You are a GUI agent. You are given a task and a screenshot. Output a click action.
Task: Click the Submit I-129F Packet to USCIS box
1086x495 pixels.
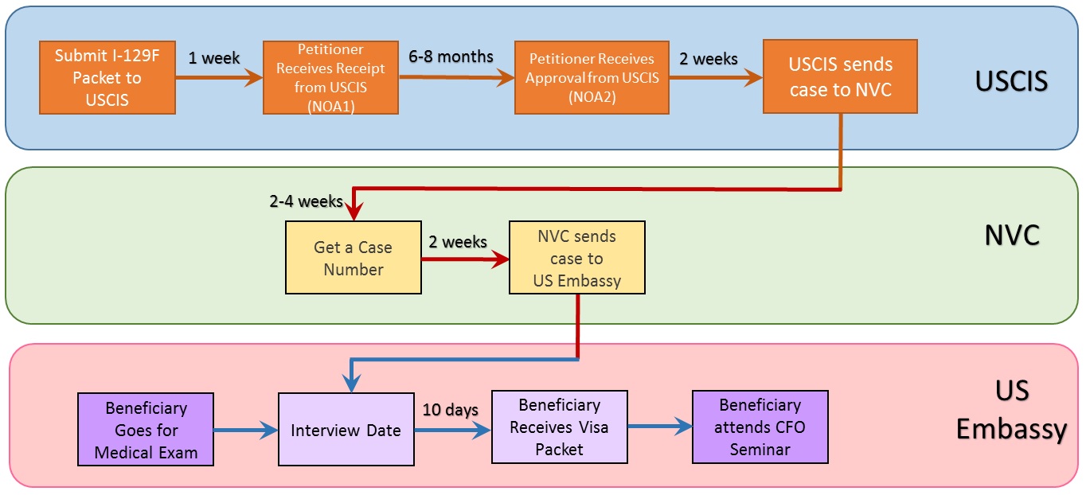[x=107, y=77]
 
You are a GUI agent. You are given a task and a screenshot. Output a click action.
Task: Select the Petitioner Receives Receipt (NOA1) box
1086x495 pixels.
[x=330, y=77]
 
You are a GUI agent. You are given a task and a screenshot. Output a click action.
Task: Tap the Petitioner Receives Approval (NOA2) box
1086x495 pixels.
[x=592, y=77]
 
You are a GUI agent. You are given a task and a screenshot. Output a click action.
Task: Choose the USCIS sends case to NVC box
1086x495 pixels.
[x=840, y=76]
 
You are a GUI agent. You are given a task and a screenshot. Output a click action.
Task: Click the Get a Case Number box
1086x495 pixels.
[x=354, y=257]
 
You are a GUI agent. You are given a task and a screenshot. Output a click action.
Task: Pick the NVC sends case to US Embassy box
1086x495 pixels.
[x=577, y=257]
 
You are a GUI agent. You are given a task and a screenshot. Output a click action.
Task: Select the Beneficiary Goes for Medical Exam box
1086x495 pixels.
[x=146, y=430]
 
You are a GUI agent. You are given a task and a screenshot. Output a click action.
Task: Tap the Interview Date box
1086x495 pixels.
[x=346, y=430]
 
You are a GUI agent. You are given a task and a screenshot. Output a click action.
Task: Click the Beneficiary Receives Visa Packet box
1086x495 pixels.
[x=560, y=427]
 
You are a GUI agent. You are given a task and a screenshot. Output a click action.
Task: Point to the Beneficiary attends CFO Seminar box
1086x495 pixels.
[x=760, y=427]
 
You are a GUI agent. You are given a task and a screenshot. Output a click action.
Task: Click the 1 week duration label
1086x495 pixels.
[x=214, y=58]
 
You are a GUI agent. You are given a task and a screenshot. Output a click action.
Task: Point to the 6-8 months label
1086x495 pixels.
[x=451, y=57]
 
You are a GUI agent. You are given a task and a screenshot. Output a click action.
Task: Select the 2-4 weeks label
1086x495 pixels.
[x=306, y=201]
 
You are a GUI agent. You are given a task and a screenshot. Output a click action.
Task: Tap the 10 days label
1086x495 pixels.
[x=451, y=410]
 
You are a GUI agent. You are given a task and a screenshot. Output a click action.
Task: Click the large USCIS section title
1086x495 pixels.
[x=1011, y=81]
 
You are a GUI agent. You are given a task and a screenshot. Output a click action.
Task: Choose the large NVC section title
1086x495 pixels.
[x=1012, y=236]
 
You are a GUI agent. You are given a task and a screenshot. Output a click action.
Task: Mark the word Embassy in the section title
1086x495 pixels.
[x=1011, y=430]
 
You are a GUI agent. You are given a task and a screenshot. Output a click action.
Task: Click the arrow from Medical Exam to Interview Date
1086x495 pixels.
[x=246, y=430]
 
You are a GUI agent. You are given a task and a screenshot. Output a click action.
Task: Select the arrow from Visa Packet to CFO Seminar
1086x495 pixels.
[x=660, y=427]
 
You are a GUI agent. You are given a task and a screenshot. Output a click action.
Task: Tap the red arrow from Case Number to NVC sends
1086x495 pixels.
[x=466, y=259]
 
